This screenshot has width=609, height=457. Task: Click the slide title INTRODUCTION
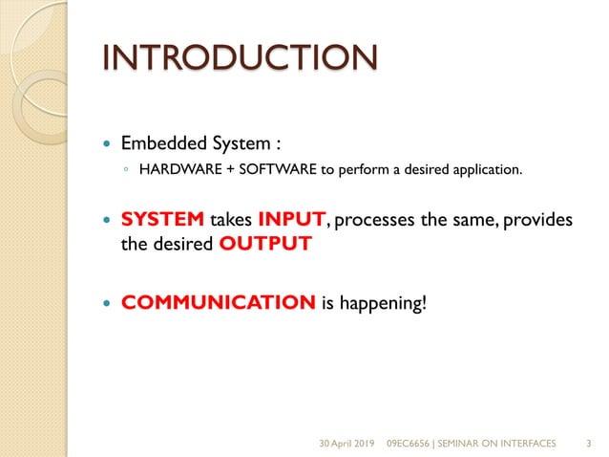pos(239,57)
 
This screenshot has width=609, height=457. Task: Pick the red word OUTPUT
pos(265,244)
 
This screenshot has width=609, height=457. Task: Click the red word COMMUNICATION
pos(219,303)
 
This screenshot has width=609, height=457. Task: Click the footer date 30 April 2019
pos(347,444)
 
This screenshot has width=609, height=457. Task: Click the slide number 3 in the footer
pos(587,444)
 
